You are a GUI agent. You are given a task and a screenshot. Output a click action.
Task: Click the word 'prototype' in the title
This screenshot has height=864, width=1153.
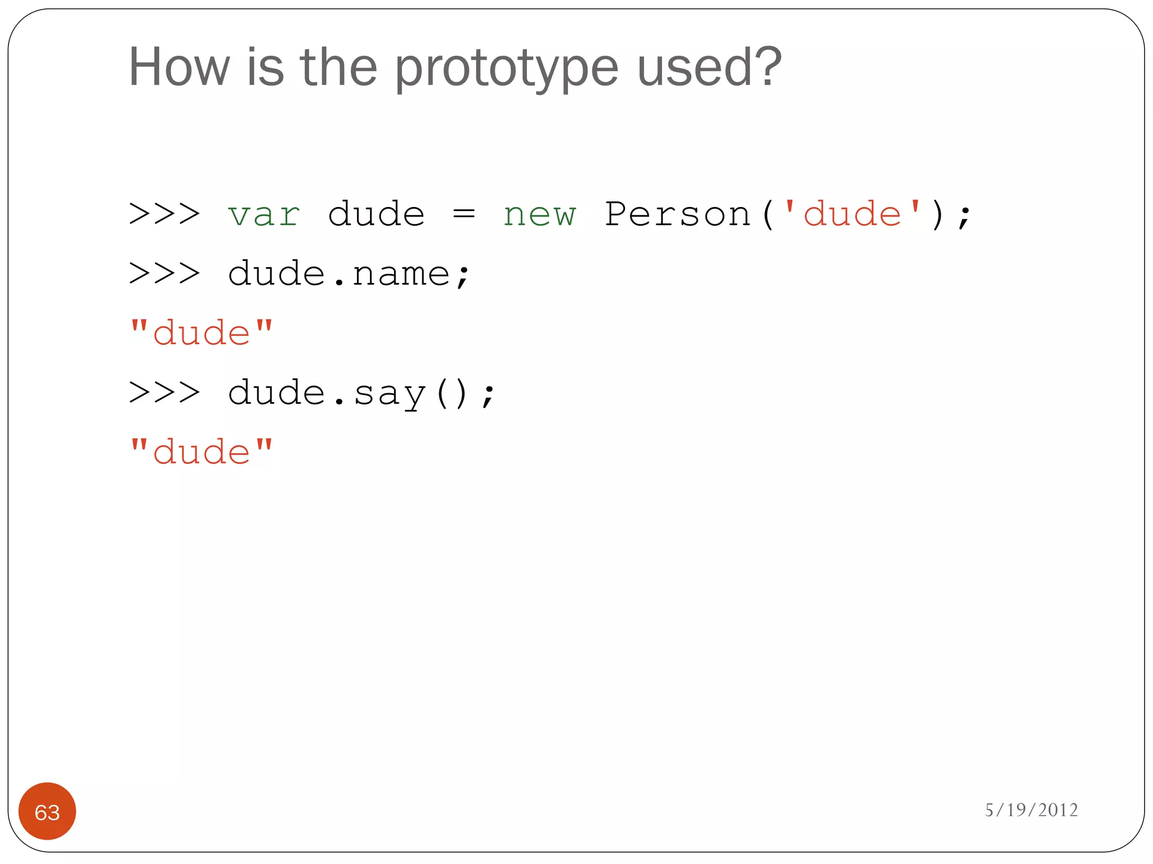507,69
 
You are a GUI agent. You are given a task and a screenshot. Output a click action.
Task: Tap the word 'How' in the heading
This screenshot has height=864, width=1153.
179,67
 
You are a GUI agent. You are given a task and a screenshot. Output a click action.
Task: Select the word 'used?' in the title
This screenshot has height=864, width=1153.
709,67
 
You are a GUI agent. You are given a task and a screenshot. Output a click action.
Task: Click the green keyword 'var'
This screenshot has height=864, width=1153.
264,215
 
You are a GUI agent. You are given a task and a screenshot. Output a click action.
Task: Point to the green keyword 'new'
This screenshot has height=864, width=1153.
539,215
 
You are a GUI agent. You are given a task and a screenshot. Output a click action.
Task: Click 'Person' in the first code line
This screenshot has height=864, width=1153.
678,214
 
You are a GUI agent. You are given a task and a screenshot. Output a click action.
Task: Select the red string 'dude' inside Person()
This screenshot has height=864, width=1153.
852,214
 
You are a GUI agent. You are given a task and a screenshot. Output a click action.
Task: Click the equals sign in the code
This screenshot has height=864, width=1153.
464,214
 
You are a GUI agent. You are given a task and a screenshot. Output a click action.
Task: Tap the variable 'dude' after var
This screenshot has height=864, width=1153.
376,214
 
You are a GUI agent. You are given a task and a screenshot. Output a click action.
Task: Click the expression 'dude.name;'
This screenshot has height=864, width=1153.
348,274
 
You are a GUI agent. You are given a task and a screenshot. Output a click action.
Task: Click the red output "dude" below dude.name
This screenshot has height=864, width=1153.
201,333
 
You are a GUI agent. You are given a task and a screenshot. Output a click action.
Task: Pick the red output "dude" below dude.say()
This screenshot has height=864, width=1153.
201,452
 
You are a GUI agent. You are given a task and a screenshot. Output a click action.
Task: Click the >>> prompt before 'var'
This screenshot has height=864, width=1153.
164,214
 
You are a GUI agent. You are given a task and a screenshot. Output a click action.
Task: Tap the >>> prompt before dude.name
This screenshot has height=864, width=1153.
164,274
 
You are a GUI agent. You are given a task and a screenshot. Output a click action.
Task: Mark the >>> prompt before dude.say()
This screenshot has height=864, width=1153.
164,393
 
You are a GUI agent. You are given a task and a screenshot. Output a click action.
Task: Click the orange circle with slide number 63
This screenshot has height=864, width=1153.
47,811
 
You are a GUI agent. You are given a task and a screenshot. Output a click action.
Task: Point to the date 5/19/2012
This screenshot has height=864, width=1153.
1031,810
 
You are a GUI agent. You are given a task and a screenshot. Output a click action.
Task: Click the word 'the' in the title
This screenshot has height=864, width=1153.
338,67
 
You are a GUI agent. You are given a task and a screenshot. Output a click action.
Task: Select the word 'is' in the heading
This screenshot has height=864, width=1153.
265,67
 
